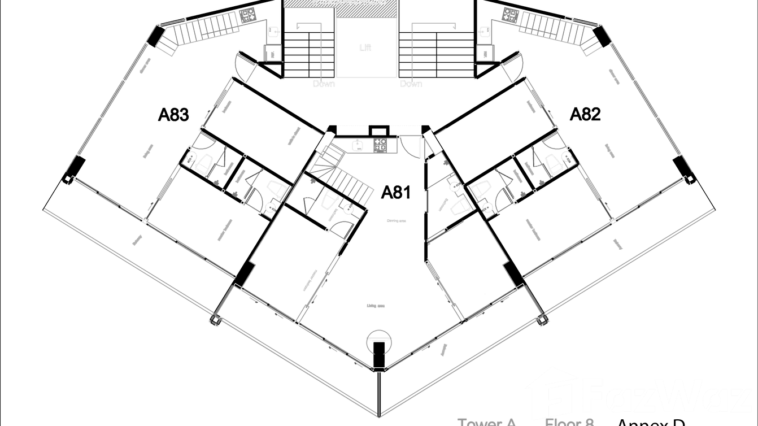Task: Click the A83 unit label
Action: click(173, 115)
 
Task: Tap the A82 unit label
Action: click(585, 115)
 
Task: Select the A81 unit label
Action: click(395, 193)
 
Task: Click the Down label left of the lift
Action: click(324, 84)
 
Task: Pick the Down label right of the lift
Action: click(411, 84)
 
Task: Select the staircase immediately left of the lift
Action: click(310, 54)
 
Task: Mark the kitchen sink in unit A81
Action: click(358, 145)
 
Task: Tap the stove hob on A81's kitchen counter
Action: click(380, 145)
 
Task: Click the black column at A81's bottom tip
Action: click(378, 354)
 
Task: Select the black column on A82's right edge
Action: click(680, 167)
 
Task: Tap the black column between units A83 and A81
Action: click(242, 275)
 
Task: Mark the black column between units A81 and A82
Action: click(513, 275)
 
